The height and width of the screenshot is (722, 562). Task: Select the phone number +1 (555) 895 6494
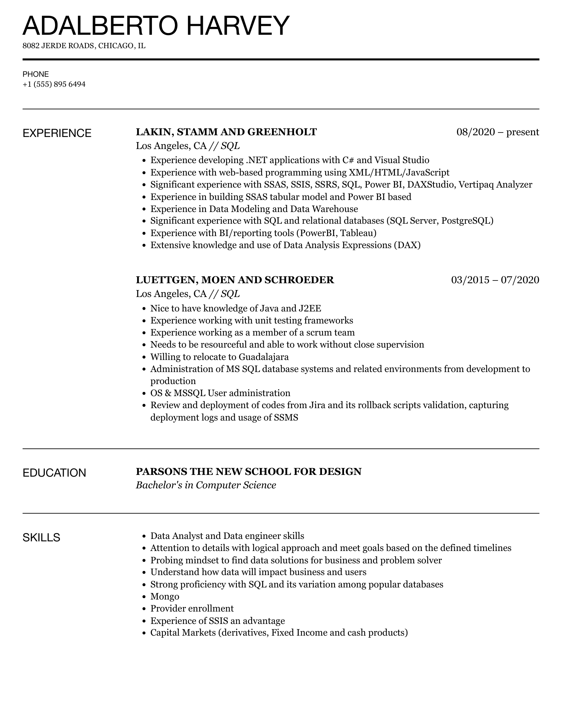(54, 84)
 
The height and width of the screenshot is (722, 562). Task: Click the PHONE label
(36, 74)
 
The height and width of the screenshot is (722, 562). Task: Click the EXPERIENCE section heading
(57, 133)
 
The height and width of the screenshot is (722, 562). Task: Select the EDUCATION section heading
(54, 473)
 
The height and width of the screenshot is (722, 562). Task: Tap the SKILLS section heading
(41, 537)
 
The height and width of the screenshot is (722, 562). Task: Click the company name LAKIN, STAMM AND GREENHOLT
(226, 132)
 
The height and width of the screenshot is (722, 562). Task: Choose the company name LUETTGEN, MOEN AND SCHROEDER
(235, 280)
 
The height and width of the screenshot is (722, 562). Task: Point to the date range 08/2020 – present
(498, 132)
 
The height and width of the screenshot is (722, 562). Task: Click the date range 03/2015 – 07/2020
(495, 280)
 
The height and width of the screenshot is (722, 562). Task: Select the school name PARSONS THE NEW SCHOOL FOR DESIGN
(249, 471)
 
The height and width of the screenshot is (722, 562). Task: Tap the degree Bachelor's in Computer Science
(206, 485)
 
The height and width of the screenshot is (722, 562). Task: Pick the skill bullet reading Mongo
(165, 596)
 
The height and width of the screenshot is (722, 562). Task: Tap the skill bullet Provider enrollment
(192, 608)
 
